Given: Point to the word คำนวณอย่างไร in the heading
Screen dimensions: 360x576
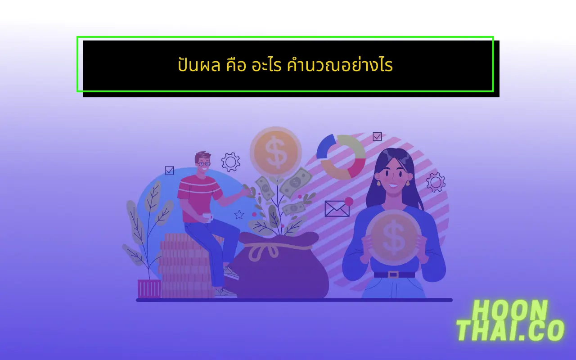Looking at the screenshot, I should [340, 66].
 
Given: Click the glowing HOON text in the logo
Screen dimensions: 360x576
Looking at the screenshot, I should [510, 310].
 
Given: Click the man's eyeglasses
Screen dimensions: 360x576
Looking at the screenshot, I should [204, 163].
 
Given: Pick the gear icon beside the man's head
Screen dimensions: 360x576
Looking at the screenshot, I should [230, 162].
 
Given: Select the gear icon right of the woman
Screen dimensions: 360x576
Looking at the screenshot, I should [436, 182].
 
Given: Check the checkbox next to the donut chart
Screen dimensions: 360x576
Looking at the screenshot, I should [377, 136].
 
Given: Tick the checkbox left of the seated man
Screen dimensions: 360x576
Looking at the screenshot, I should [169, 171].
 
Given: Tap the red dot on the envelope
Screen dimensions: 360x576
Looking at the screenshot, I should [349, 201].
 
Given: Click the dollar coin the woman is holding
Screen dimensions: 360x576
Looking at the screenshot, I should [393, 237].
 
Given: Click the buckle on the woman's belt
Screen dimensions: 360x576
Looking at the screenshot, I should [393, 274].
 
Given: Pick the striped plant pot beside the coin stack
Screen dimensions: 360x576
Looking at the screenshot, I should [149, 288].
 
